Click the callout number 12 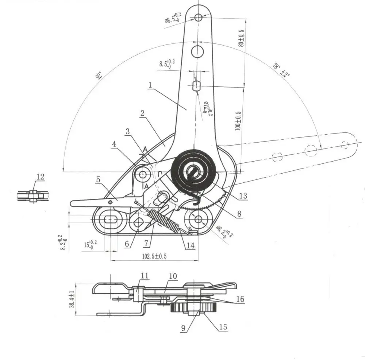pos(40,177)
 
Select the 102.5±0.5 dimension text pos(154,256)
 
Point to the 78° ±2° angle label pos(281,70)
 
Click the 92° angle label pos(98,76)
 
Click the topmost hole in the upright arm pos(198,17)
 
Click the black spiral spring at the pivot pos(192,170)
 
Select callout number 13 pos(243,196)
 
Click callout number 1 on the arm pos(150,85)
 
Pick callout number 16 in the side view pos(240,299)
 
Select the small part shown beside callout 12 pos(33,196)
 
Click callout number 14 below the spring pos(190,245)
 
